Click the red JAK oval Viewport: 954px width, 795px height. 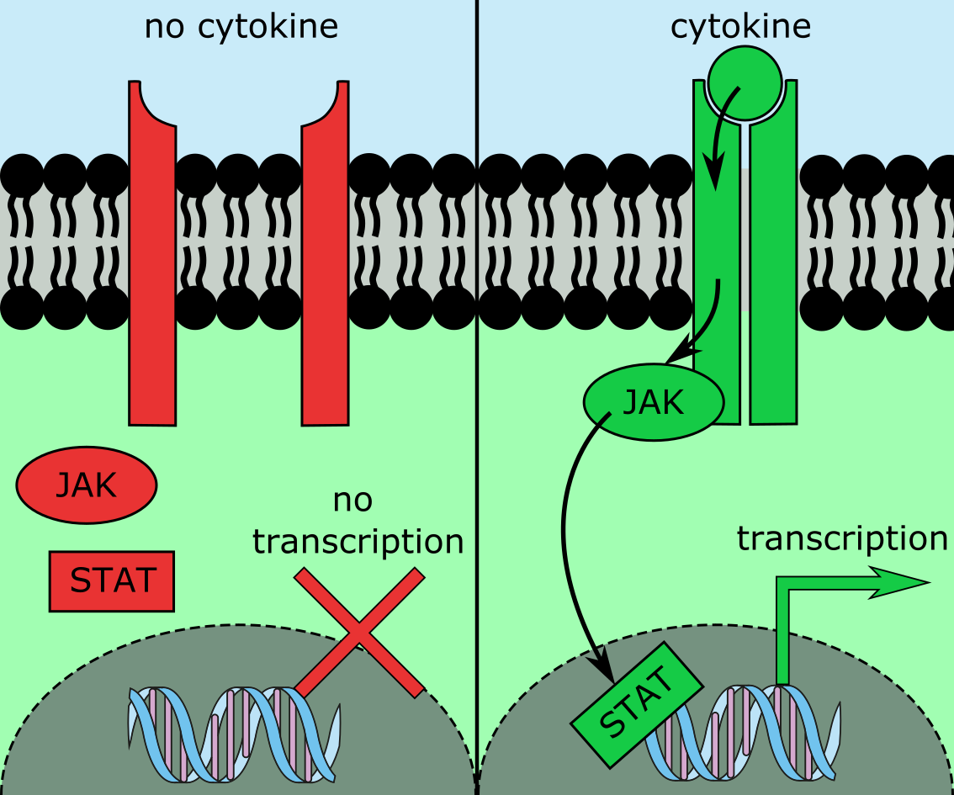point(86,485)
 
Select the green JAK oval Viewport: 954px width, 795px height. point(654,403)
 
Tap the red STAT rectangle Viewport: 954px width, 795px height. point(112,580)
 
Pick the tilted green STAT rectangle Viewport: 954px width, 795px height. point(638,705)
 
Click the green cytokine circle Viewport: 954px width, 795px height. point(745,82)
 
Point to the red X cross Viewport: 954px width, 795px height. point(359,633)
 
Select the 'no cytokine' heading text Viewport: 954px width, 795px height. point(241,27)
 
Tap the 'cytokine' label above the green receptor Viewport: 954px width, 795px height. point(740,27)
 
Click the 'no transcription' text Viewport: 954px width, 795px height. point(358,522)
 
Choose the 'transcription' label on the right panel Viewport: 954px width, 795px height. point(842,538)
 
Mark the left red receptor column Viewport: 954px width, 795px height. point(152,252)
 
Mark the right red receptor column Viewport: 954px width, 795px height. point(326,252)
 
